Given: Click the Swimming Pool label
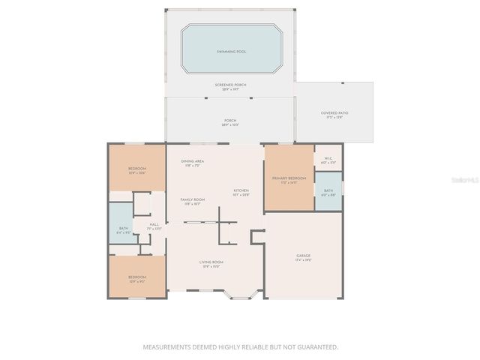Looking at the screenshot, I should pyautogui.click(x=231, y=52).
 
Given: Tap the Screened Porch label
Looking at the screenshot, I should pyautogui.click(x=231, y=85).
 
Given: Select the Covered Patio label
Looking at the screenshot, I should pyautogui.click(x=334, y=113).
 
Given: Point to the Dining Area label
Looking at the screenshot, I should pyautogui.click(x=193, y=161).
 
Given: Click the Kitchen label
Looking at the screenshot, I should pyautogui.click(x=241, y=191).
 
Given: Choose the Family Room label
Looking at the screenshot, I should pyautogui.click(x=193, y=199).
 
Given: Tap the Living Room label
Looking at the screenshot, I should pyautogui.click(x=211, y=262).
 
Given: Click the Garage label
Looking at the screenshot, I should pyautogui.click(x=304, y=256).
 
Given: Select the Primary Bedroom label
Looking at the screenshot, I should pyautogui.click(x=289, y=178).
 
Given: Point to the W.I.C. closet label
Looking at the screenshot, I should pyautogui.click(x=328, y=158).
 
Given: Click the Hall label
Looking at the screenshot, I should pyautogui.click(x=154, y=224).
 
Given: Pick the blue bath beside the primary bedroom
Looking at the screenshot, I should pyautogui.click(x=328, y=191).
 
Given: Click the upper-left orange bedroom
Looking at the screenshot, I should pyautogui.click(x=136, y=169).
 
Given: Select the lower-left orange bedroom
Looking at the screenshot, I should pyautogui.click(x=136, y=277).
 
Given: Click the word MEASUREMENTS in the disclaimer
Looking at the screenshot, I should pyautogui.click(x=166, y=347).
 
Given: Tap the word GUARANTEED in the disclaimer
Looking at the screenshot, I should pyautogui.click(x=318, y=347).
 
